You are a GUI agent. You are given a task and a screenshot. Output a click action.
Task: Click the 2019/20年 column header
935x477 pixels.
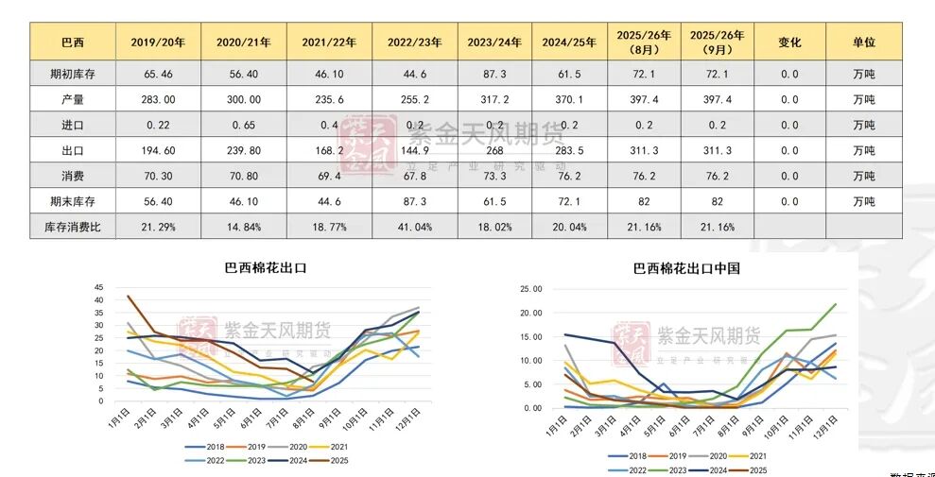click(158, 43)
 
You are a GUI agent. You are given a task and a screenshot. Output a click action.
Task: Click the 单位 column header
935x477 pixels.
click(863, 43)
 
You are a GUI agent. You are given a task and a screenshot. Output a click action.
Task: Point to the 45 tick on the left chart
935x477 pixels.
click(98, 287)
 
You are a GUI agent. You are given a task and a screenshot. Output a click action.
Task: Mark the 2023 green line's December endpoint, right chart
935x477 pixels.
click(836, 304)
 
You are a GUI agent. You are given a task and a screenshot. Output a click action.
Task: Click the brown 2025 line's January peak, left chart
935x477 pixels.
click(129, 297)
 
